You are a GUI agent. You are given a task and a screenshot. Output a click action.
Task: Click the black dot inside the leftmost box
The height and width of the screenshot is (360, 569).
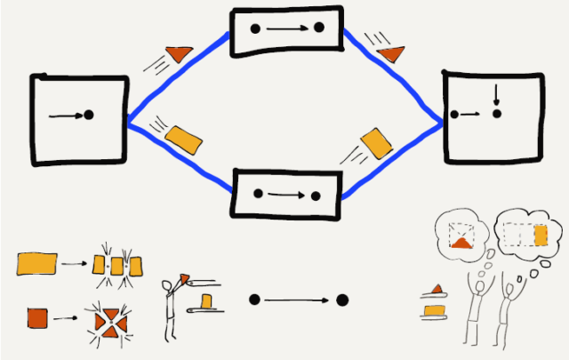(88, 115)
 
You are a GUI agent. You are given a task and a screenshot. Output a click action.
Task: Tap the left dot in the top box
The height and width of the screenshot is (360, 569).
(256, 29)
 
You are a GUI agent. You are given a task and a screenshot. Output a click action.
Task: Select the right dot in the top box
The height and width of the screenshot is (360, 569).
(318, 28)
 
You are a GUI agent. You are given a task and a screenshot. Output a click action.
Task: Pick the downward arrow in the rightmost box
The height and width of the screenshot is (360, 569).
(496, 94)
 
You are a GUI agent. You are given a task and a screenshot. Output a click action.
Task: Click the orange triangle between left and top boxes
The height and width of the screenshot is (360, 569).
(180, 53)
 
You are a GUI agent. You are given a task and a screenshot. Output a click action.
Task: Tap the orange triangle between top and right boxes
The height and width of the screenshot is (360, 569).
(390, 55)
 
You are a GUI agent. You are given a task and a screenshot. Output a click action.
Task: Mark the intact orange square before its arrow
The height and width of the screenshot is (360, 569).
(38, 316)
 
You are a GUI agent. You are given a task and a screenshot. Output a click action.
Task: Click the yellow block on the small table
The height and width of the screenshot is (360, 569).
(208, 303)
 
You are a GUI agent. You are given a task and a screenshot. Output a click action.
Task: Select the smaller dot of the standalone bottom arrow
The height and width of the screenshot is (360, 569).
(254, 300)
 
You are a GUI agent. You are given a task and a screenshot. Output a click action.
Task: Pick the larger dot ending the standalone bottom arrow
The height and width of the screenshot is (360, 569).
(341, 300)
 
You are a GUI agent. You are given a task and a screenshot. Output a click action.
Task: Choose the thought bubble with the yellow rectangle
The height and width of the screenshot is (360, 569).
(525, 234)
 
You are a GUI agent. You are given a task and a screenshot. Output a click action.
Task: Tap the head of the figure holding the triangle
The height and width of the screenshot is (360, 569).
(170, 286)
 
